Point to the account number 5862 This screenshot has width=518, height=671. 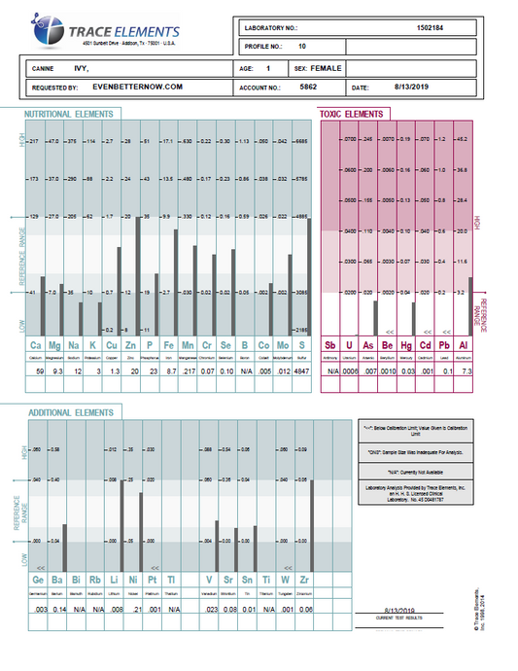click(x=309, y=87)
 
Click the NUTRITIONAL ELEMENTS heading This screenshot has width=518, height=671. click(x=68, y=115)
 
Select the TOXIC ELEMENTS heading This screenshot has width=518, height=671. click(x=351, y=115)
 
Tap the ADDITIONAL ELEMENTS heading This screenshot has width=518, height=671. click(x=64, y=414)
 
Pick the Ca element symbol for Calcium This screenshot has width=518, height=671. click(x=37, y=345)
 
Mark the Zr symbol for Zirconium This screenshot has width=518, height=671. click(x=308, y=582)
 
